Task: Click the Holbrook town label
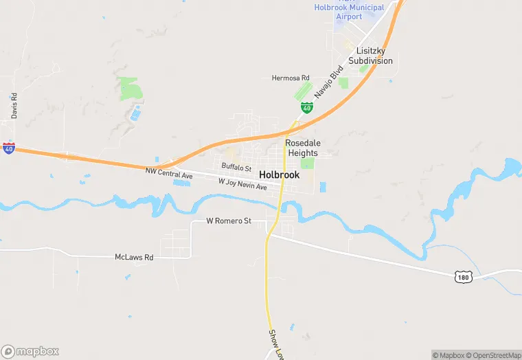[x=280, y=175]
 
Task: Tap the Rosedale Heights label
[x=303, y=148]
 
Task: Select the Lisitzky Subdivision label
[x=370, y=56]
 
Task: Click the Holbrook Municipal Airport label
[x=348, y=12]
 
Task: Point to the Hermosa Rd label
[x=291, y=78]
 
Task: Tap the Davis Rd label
[x=14, y=106]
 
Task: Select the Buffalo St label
[x=236, y=167]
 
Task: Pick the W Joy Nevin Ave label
[x=242, y=184]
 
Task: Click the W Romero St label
[x=229, y=221]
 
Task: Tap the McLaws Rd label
[x=133, y=257]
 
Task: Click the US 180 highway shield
[x=463, y=275]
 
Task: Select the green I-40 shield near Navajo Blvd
[x=307, y=108]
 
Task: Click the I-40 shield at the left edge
[x=8, y=148]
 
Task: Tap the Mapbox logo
[x=30, y=350]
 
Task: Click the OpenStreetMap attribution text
[x=494, y=355]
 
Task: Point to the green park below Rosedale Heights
[x=308, y=164]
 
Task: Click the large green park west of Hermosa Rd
[x=128, y=89]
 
